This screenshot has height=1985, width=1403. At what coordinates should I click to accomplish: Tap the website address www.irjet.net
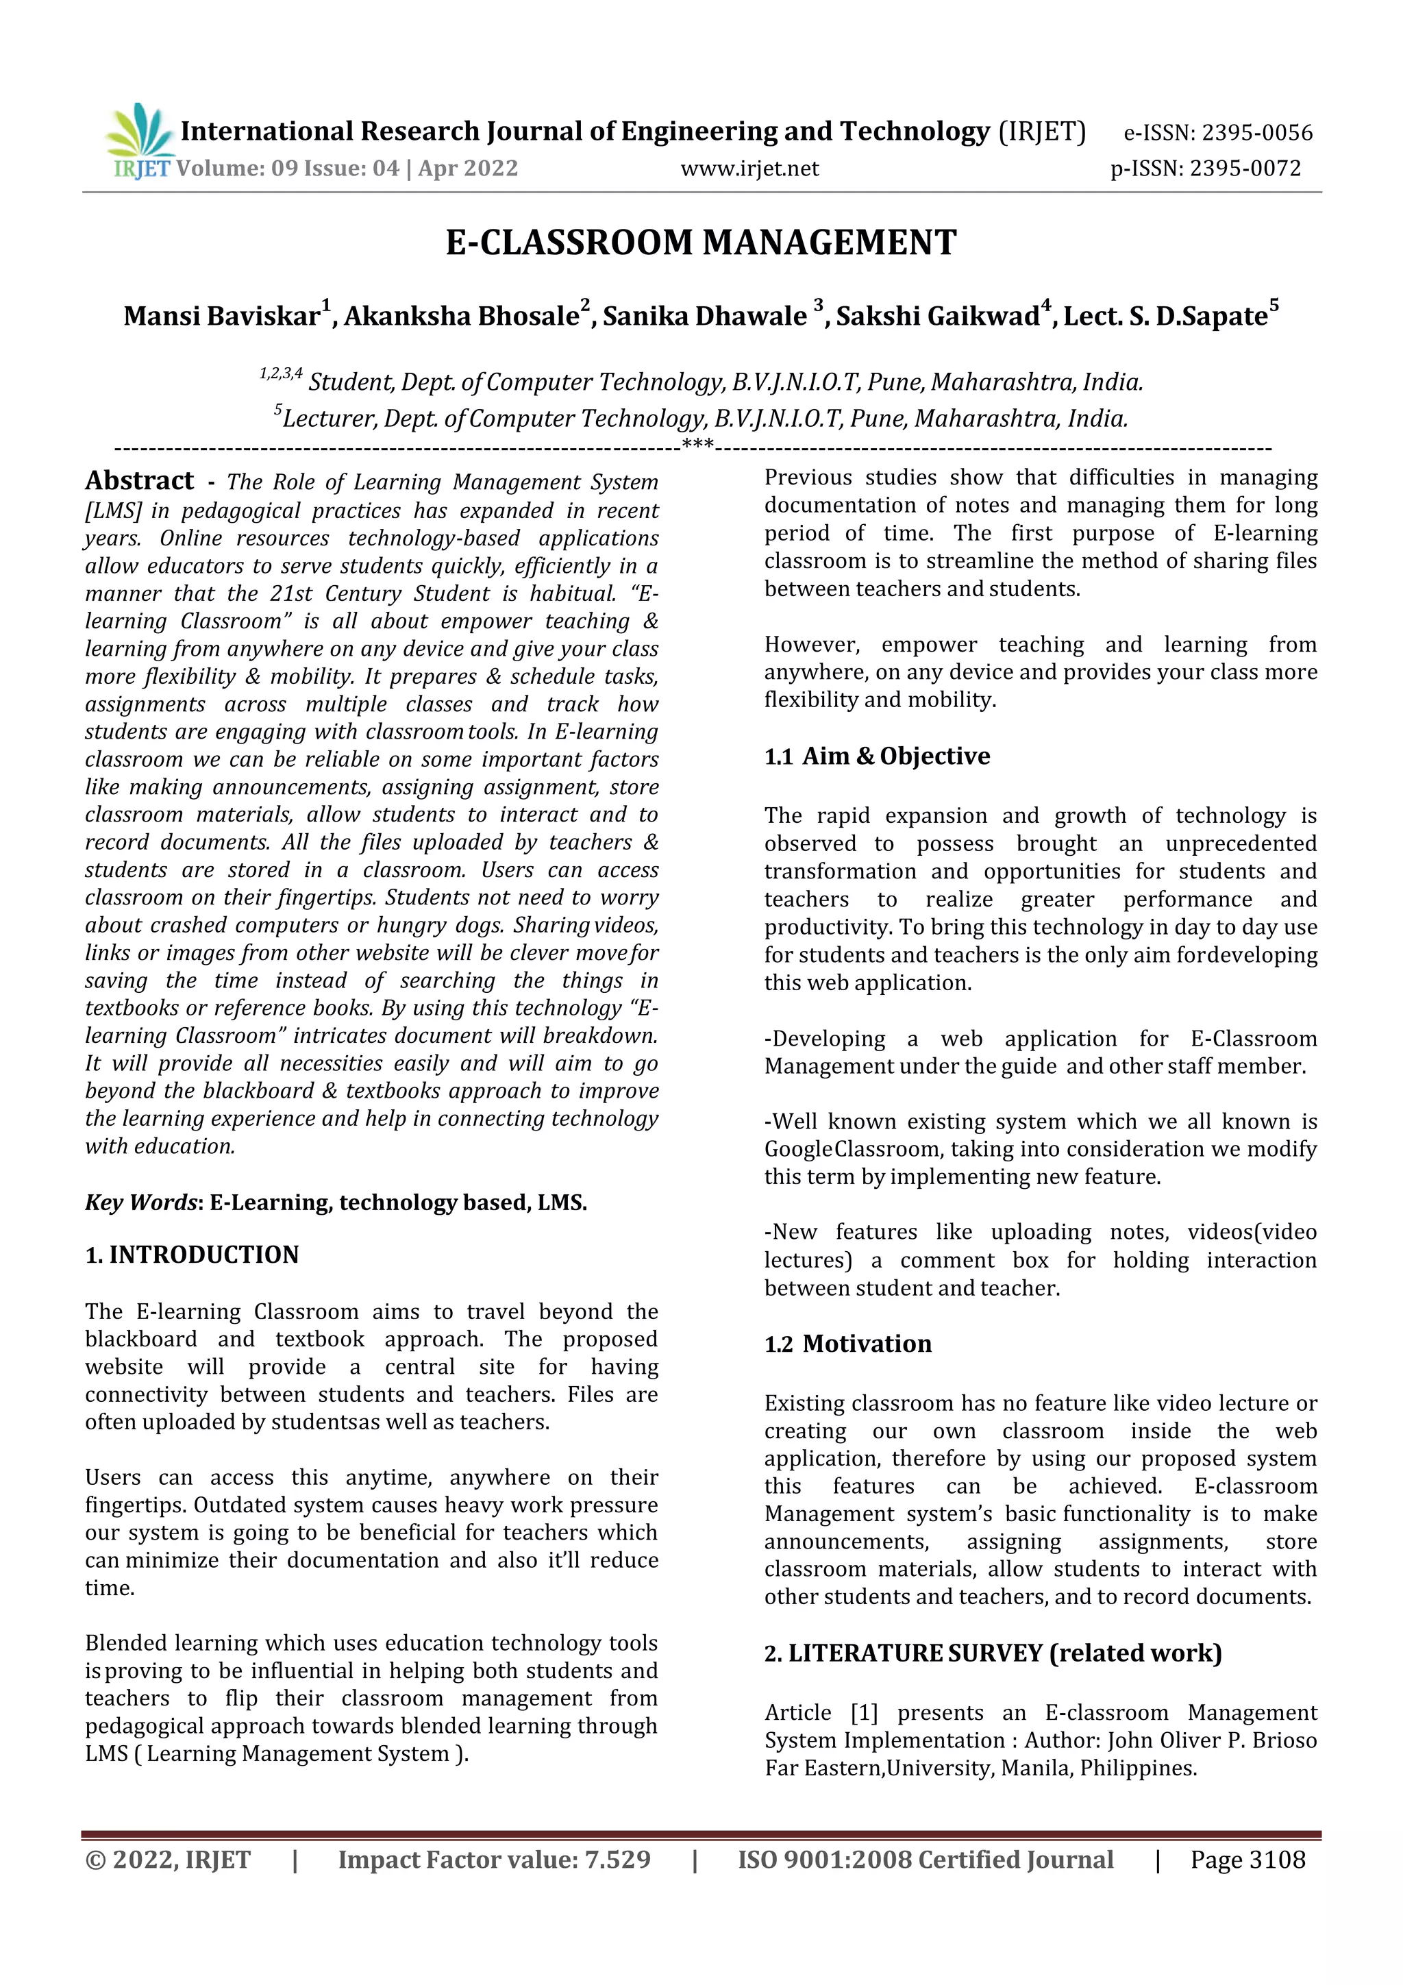coord(749,169)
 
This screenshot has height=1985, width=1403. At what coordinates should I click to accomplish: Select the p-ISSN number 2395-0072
coord(1245,169)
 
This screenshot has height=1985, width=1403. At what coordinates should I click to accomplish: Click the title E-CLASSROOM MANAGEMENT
coord(701,243)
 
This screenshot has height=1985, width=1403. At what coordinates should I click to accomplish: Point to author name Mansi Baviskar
coord(221,317)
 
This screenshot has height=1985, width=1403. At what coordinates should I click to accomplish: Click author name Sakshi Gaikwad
coord(937,317)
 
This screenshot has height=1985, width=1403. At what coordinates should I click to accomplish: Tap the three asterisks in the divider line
coord(697,446)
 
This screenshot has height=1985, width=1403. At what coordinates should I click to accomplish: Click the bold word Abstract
coord(139,481)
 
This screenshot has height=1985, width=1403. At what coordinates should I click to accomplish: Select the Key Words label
coord(142,1203)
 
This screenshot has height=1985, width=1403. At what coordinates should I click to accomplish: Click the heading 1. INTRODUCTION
coord(192,1255)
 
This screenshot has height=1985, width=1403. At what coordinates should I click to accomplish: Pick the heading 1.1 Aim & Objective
coord(877,756)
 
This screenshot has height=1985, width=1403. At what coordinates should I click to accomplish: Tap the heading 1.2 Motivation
coord(848,1344)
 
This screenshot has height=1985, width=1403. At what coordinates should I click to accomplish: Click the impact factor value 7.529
coord(617,1860)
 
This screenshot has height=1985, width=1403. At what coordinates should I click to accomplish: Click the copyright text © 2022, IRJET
coord(168,1860)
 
